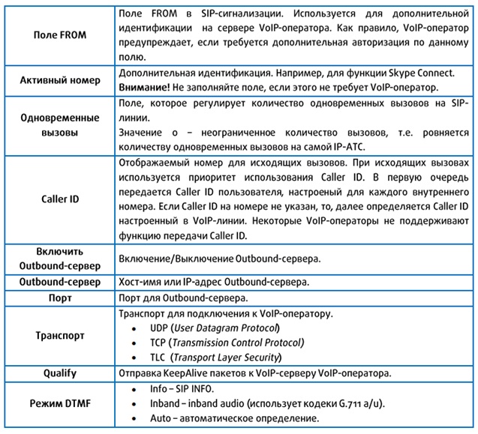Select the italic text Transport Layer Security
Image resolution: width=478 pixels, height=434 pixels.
229,357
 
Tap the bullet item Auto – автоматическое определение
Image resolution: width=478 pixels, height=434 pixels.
234,418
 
